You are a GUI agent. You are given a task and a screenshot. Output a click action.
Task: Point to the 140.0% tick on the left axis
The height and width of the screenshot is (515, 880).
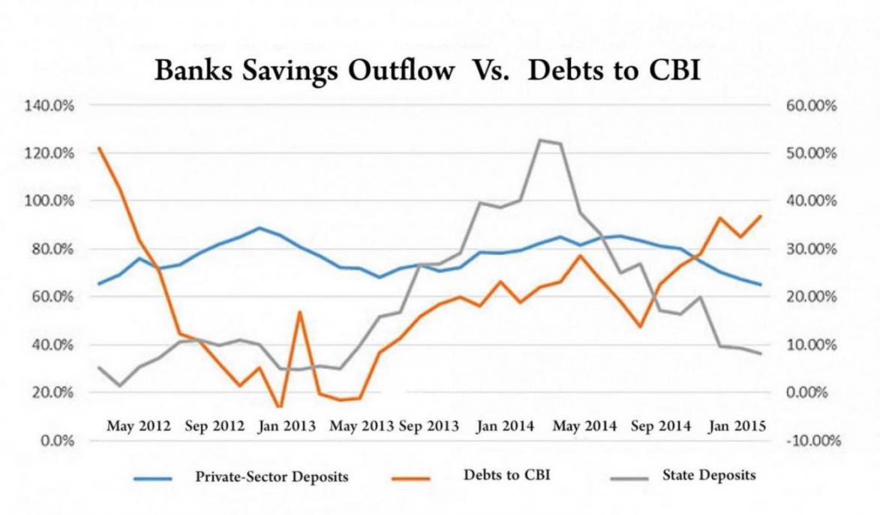53,106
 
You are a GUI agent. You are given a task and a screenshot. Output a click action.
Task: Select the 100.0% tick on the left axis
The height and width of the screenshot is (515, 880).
53,201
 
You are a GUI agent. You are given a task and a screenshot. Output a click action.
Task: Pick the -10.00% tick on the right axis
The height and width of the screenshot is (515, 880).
810,441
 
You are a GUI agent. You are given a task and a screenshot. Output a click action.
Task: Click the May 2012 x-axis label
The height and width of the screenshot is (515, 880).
139,426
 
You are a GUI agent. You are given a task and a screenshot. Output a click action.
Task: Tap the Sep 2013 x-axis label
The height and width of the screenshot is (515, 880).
428,426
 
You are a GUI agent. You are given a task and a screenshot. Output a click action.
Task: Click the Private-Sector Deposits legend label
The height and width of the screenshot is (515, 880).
272,476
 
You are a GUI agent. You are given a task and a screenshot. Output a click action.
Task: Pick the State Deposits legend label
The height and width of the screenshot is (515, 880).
709,475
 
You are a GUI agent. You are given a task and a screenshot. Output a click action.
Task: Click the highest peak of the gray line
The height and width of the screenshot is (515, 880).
539,140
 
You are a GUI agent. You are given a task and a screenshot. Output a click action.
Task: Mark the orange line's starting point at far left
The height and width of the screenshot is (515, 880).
99,148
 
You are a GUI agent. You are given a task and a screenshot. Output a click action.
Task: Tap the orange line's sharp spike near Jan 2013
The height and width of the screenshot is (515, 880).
300,312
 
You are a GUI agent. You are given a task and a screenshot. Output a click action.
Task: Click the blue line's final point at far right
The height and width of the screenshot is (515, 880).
761,285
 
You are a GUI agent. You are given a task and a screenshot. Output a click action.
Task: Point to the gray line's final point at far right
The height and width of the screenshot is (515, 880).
761,354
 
